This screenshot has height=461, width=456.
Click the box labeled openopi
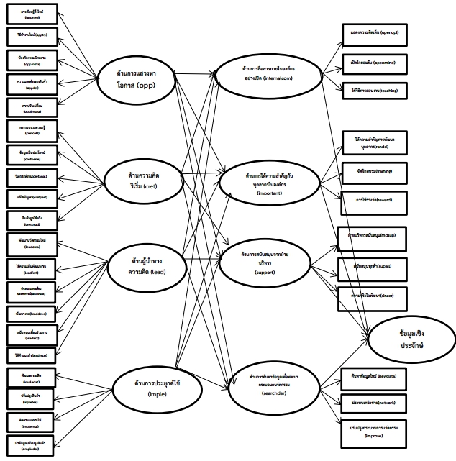375,33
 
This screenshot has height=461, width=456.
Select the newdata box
375,377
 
